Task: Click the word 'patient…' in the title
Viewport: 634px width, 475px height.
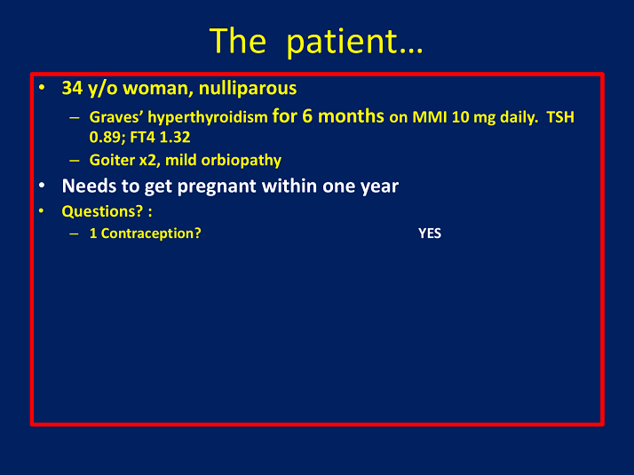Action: pos(355,41)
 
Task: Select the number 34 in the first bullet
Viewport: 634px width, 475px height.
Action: pos(72,89)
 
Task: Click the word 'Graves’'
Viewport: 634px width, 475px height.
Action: pos(116,117)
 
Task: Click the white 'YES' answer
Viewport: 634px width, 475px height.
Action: pos(430,234)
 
